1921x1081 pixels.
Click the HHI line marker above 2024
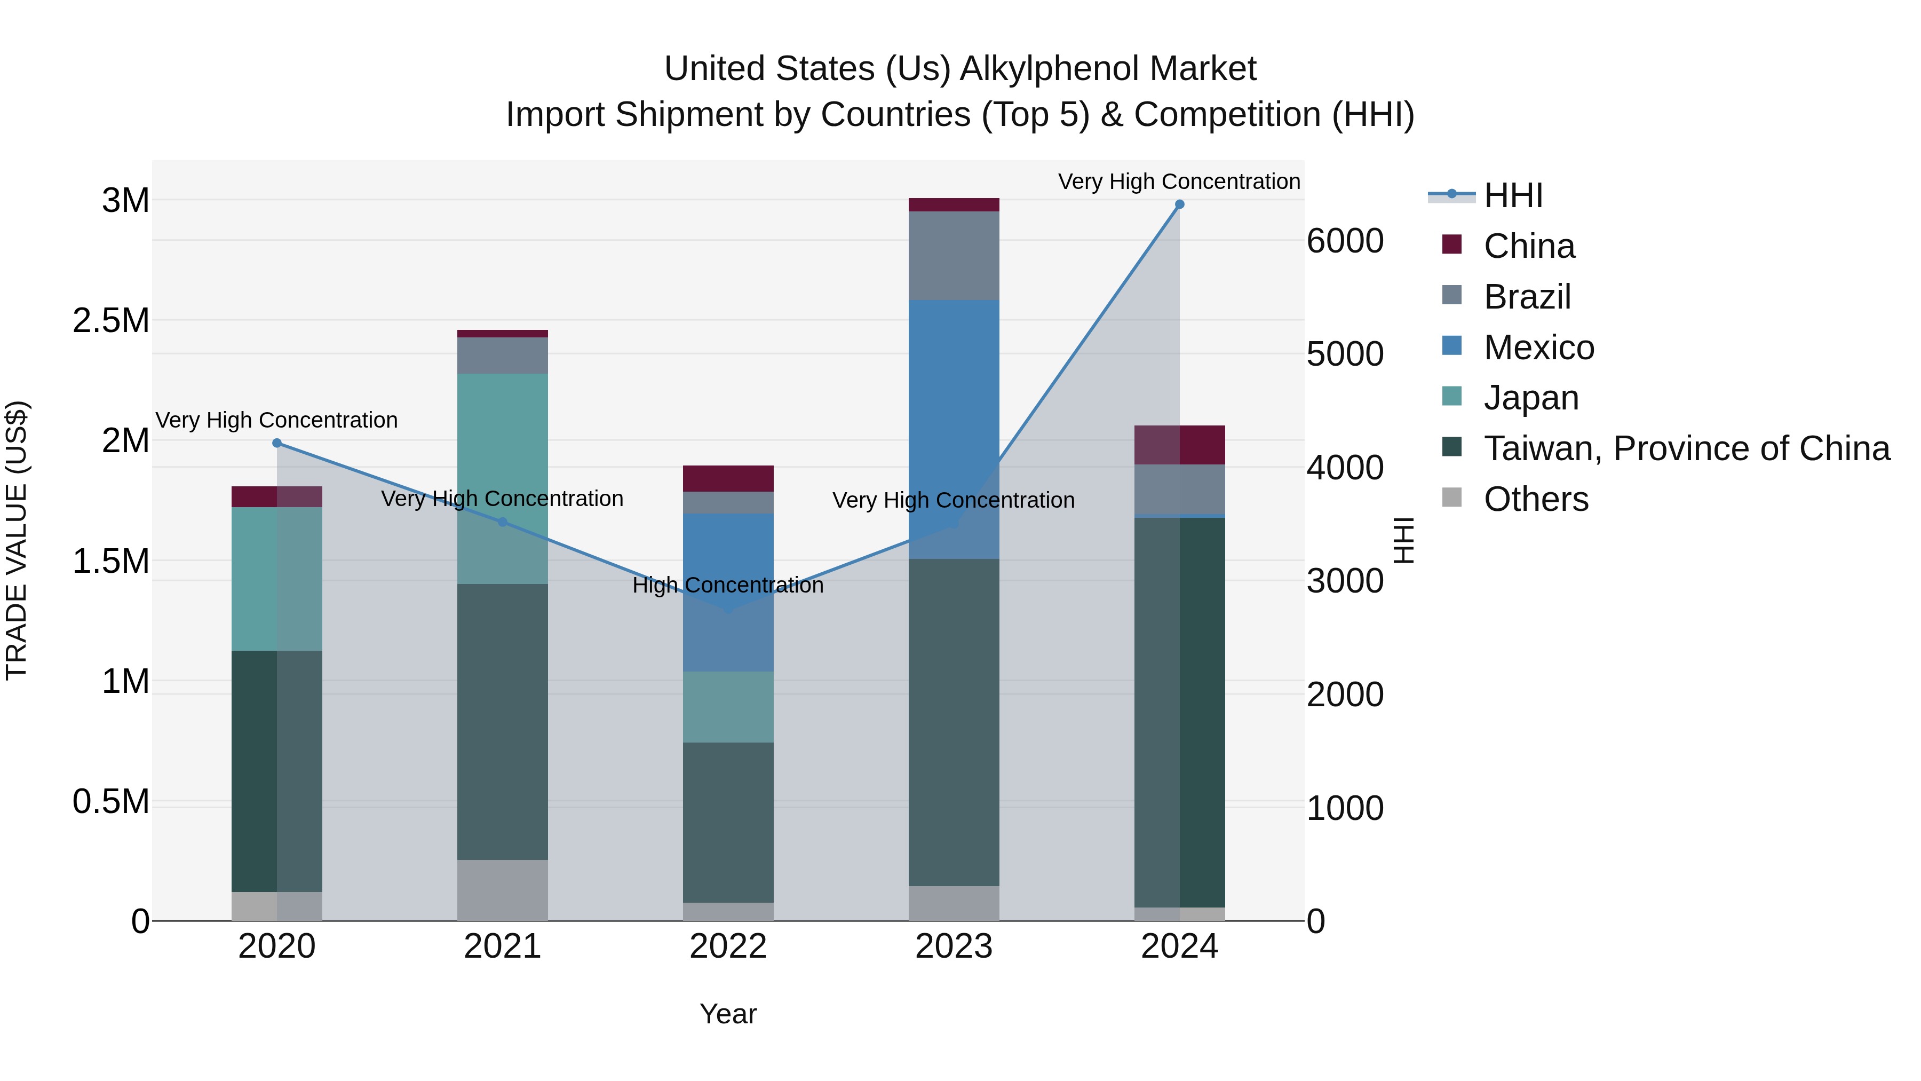(1179, 204)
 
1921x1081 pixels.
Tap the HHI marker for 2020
(276, 443)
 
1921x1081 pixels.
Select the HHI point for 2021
(503, 522)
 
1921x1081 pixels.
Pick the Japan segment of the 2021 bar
(503, 477)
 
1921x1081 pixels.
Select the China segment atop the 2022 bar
(728, 478)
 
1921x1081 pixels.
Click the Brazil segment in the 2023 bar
(954, 256)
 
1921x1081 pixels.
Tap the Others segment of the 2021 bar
(503, 890)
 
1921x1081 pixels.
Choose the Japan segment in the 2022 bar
(728, 706)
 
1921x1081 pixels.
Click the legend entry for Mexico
(1538, 348)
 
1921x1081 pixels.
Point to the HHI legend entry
(1512, 195)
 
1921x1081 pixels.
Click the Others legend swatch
(1451, 497)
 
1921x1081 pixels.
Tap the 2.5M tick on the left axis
(110, 321)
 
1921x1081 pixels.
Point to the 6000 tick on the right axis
(1345, 241)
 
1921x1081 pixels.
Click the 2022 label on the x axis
(728, 946)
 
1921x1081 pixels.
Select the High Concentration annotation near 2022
(728, 585)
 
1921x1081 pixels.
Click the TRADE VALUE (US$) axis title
(17, 540)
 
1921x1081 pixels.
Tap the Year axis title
(728, 1014)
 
